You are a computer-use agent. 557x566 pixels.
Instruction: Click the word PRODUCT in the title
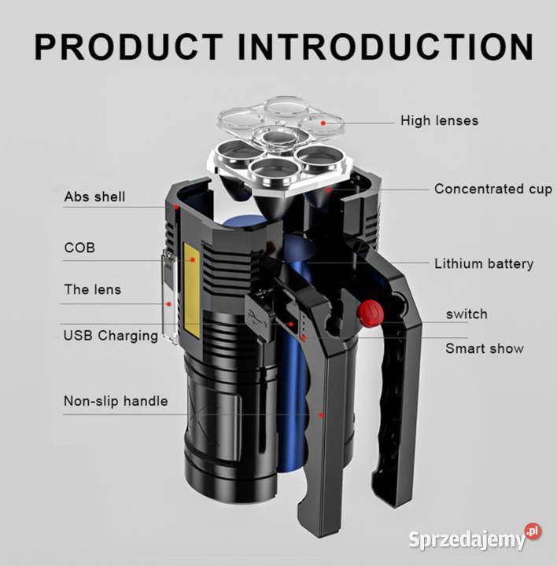tap(128, 47)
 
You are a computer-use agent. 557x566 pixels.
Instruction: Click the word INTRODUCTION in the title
tap(385, 47)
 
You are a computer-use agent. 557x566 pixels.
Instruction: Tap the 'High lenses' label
tap(439, 120)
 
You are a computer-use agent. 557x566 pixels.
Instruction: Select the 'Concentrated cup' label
tap(493, 189)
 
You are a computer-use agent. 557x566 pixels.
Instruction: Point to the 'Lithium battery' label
tap(484, 264)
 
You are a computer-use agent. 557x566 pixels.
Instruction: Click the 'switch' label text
tap(467, 314)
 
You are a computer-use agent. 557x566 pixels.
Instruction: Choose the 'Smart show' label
tap(485, 349)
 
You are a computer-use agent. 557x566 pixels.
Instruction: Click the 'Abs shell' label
tap(94, 197)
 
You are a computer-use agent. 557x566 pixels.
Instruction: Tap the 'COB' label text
tap(79, 248)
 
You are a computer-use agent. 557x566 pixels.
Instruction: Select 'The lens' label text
tap(93, 289)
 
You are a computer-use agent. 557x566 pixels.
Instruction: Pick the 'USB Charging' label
tap(111, 336)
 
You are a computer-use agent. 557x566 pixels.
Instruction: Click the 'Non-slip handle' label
tap(116, 401)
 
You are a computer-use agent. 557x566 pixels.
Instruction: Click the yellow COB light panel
tap(192, 291)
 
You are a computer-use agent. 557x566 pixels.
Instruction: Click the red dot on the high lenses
tap(323, 123)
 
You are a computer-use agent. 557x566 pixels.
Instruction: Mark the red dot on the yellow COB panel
tap(193, 259)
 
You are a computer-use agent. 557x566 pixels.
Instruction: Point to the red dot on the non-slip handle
tap(320, 416)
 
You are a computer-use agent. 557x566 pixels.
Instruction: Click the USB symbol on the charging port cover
tap(256, 316)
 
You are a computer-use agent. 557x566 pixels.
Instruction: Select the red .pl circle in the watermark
tap(533, 531)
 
